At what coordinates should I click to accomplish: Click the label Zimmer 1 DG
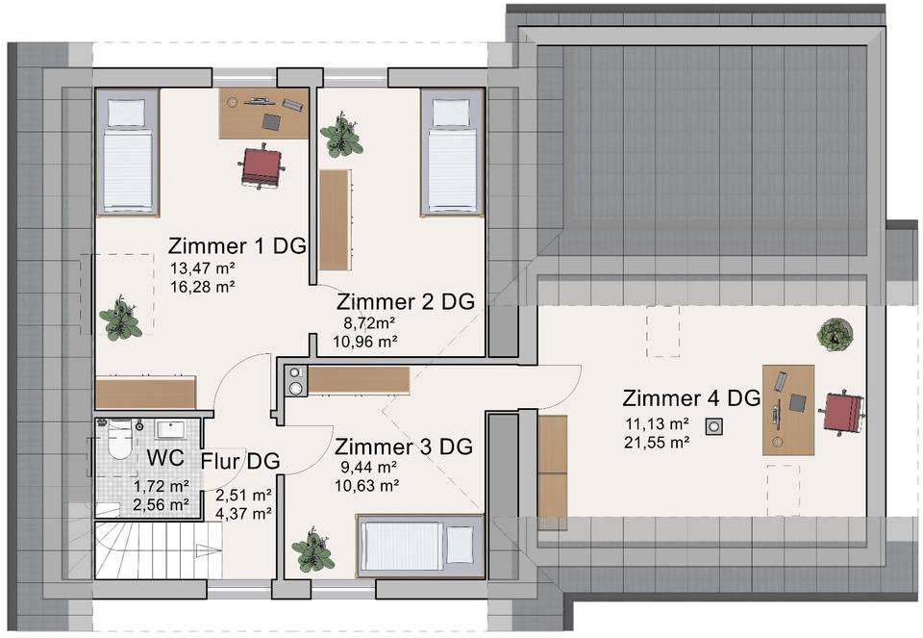[x=237, y=245]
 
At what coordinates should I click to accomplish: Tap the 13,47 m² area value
[x=203, y=268]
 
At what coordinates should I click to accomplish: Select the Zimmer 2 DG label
[x=406, y=301]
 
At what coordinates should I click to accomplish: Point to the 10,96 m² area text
[x=365, y=342]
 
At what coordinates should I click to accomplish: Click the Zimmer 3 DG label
[x=404, y=447]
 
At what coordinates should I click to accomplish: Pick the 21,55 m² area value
[x=657, y=442]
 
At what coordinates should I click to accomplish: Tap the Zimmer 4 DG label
[x=691, y=398]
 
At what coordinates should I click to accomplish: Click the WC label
[x=165, y=457]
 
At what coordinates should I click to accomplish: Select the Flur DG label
[x=240, y=461]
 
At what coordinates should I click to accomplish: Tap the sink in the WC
[x=171, y=429]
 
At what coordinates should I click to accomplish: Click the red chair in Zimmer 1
[x=262, y=166]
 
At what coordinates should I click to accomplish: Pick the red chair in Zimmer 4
[x=842, y=411]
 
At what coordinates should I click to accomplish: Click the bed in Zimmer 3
[x=419, y=546]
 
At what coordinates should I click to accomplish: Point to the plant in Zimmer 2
[x=340, y=135]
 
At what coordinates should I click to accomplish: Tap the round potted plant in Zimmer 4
[x=836, y=335]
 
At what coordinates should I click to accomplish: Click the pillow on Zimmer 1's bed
[x=126, y=113]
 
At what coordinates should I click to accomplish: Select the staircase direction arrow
[x=210, y=551]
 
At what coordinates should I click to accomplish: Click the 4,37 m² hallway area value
[x=243, y=513]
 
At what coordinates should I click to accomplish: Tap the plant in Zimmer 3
[x=312, y=550]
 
